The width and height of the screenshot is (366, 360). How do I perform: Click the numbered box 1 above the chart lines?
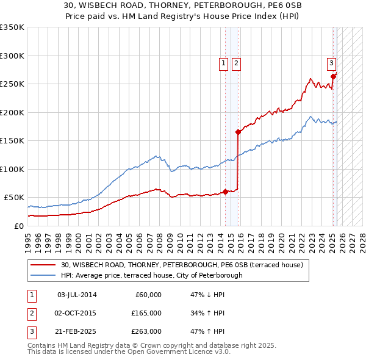(223, 62)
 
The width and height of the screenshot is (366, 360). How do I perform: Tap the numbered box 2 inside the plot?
(236, 62)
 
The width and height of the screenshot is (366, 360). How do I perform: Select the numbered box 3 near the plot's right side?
(331, 62)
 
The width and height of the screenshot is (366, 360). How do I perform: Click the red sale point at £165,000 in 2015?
(238, 132)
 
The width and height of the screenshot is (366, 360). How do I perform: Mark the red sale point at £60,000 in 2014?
(225, 192)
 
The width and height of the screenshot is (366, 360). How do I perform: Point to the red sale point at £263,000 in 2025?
(334, 76)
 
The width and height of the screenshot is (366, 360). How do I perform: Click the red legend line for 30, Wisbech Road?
(43, 265)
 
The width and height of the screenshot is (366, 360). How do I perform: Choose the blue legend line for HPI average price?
(43, 275)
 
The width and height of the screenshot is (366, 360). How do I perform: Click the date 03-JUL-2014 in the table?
(76, 295)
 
